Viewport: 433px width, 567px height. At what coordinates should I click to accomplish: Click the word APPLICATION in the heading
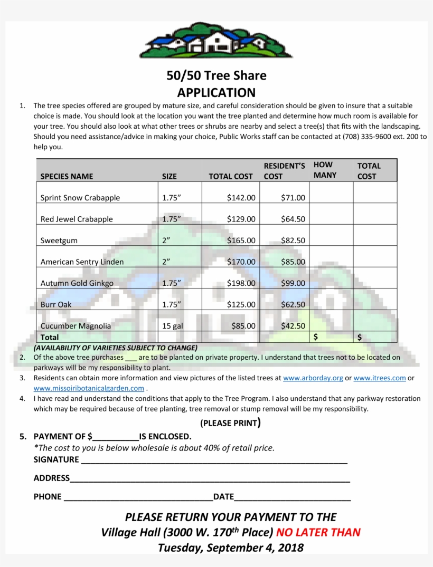tap(216, 93)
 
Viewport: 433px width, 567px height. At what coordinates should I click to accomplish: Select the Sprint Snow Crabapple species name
tap(80, 198)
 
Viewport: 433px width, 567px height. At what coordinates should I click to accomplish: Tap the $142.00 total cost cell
tap(241, 198)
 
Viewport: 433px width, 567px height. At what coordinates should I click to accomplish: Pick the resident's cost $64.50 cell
tap(293, 219)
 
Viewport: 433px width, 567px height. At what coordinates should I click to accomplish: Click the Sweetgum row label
tap(59, 241)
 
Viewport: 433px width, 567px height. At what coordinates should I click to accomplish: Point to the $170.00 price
tap(241, 262)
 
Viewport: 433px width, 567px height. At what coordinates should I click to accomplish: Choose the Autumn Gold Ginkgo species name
tap(77, 283)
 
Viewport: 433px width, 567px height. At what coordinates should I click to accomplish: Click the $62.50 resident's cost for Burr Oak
tap(293, 304)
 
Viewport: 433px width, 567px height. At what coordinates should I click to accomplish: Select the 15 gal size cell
tap(173, 326)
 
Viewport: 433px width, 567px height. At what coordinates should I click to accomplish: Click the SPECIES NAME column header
tap(67, 176)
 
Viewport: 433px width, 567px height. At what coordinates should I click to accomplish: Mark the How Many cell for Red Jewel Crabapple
tap(331, 214)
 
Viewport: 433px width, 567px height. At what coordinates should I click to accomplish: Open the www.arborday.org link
tap(313, 378)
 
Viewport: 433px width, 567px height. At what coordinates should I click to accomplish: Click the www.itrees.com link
tap(379, 378)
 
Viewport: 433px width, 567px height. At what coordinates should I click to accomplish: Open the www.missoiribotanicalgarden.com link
tap(89, 388)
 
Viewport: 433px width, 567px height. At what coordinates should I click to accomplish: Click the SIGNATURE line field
tap(214, 460)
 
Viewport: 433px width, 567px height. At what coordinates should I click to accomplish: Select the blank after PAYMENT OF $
tap(116, 437)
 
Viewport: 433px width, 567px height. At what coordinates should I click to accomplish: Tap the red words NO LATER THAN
tap(318, 532)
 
